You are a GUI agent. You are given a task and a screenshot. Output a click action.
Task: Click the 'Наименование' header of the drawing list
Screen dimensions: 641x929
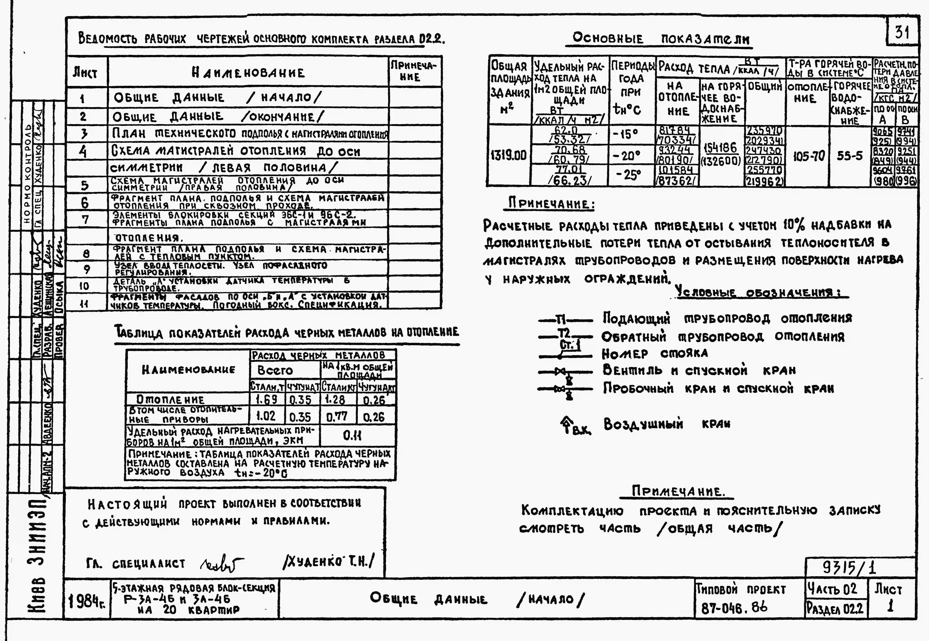click(x=248, y=73)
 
